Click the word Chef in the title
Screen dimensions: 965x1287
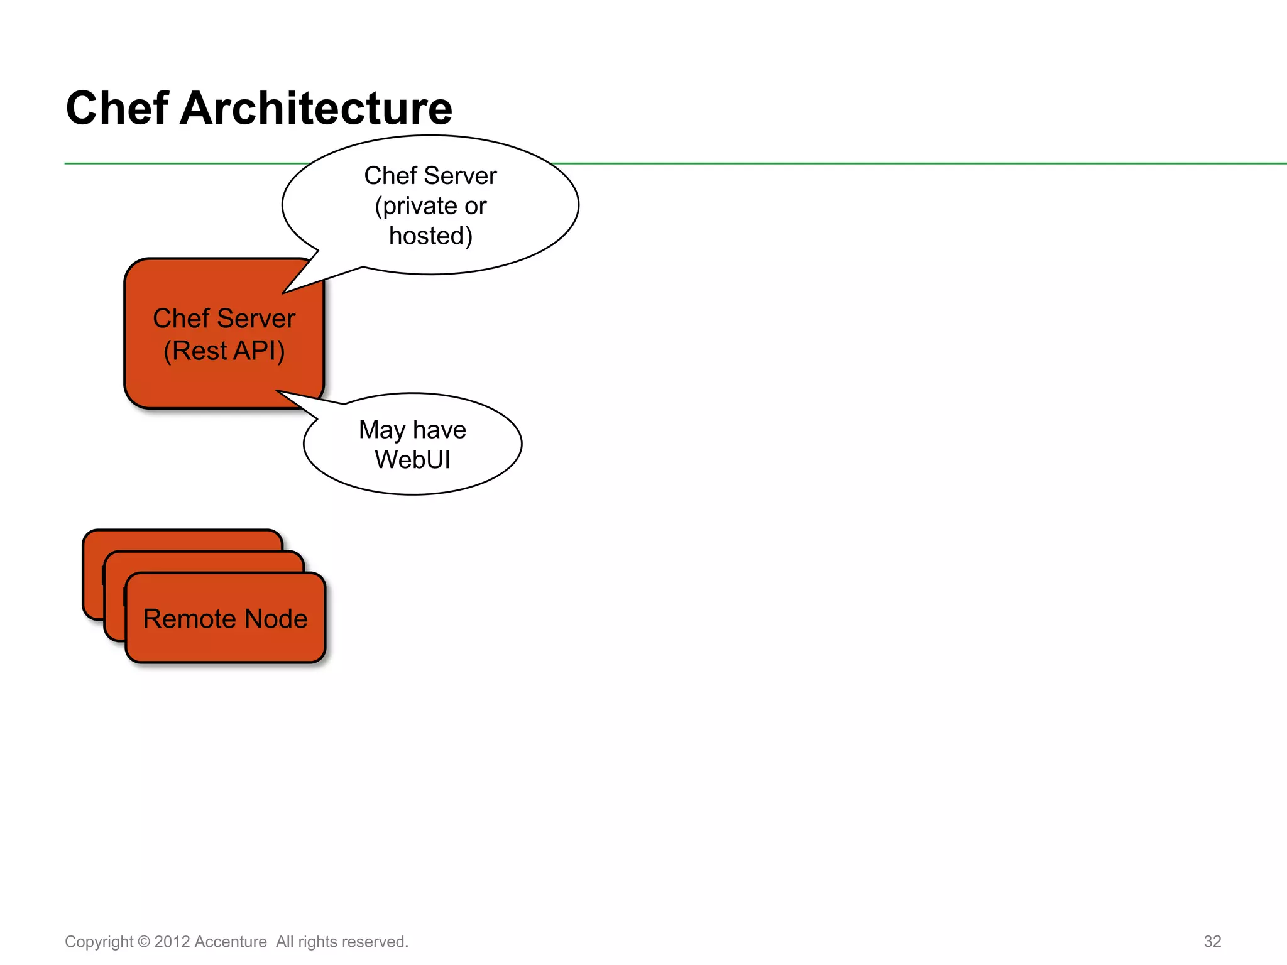117,108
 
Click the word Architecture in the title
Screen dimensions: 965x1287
315,108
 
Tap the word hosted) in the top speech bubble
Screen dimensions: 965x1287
430,236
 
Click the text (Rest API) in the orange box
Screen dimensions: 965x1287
224,351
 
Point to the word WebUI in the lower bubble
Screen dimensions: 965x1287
412,460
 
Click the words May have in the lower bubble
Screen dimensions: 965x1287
412,430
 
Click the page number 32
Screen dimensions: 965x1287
1212,941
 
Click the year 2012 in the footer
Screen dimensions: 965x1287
172,942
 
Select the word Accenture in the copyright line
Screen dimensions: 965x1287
231,942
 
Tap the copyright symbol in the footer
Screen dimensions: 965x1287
144,942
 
